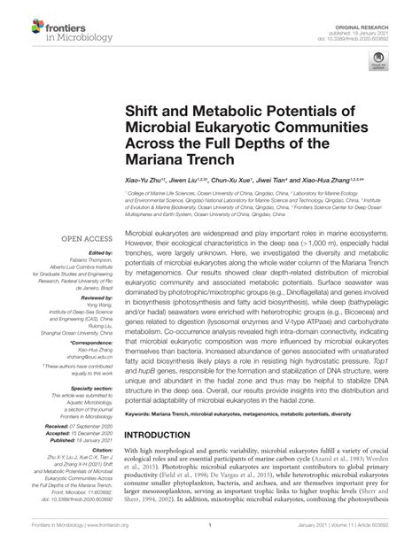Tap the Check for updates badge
[384, 61]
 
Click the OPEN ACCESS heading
[84, 237]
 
